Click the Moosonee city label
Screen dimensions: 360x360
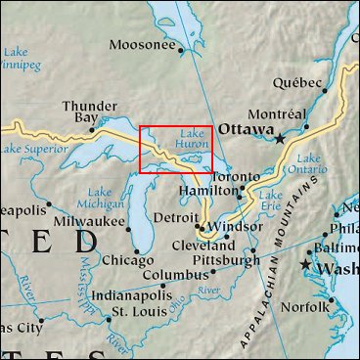click(142, 45)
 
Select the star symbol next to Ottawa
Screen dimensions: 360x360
click(280, 138)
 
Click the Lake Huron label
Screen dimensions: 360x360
click(190, 142)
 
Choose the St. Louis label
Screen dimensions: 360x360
click(137, 311)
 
